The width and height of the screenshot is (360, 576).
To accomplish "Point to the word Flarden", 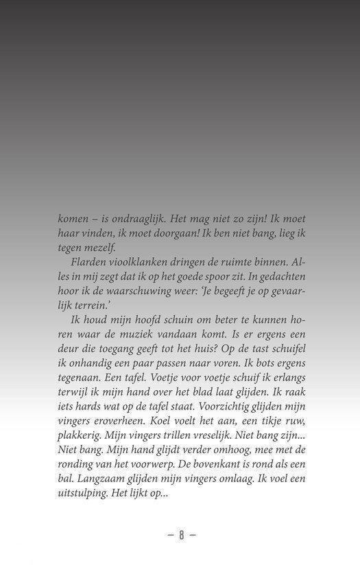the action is (x=89, y=263).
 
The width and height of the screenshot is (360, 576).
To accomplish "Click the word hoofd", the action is (x=149, y=322).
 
